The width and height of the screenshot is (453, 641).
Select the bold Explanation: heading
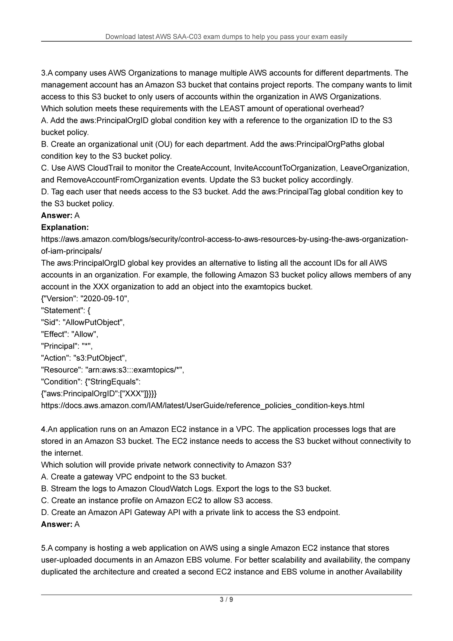point(65,227)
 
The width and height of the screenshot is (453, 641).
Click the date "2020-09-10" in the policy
point(104,298)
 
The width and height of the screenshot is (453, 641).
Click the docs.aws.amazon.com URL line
point(203,405)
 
